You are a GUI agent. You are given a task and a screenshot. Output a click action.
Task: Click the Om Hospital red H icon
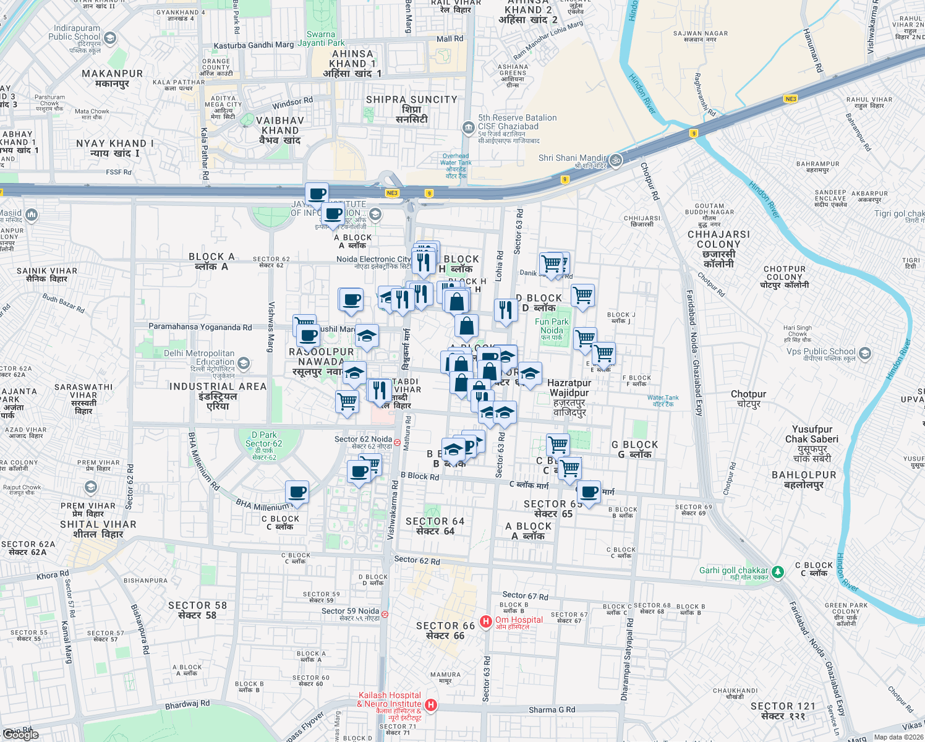click(486, 621)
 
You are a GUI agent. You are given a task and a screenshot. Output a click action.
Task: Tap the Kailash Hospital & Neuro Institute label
click(390, 700)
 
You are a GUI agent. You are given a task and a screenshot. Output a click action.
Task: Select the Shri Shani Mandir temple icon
click(615, 160)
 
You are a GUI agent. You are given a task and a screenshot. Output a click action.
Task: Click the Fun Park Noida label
click(552, 326)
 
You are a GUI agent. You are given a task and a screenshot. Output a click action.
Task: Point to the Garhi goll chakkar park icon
click(778, 572)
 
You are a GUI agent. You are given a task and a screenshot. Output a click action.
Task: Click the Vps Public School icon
click(865, 354)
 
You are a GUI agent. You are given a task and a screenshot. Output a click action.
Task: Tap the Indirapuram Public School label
click(77, 33)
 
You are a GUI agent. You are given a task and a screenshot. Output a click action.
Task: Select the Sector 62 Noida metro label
click(364, 440)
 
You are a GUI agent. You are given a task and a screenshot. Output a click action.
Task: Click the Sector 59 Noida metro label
click(350, 612)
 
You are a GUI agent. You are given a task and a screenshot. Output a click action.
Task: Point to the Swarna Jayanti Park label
click(321, 39)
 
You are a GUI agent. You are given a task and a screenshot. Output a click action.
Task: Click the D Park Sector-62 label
click(264, 440)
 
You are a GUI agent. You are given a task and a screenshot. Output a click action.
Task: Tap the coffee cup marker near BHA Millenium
click(297, 493)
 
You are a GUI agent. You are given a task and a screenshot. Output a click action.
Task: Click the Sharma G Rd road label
click(552, 710)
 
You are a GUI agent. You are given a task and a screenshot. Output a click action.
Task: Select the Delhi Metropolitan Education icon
click(244, 362)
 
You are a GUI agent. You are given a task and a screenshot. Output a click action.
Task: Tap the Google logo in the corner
click(22, 735)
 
